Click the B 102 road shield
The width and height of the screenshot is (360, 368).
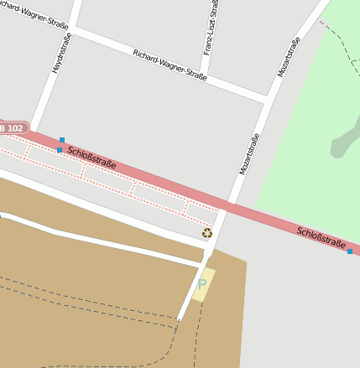point(12,127)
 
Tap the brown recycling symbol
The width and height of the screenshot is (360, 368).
point(207,233)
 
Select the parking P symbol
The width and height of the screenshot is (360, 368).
point(201,285)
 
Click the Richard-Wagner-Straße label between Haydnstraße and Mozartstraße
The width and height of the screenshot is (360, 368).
point(170,65)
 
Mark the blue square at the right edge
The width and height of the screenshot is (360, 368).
point(349,251)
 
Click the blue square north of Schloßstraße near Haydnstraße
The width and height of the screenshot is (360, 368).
point(62,140)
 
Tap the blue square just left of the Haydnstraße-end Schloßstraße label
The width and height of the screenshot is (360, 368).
point(59,150)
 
